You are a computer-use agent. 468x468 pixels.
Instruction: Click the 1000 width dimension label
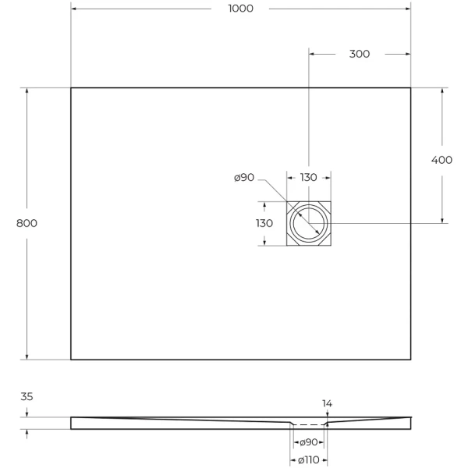(240, 9)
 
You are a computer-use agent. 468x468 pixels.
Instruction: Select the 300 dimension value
(359, 54)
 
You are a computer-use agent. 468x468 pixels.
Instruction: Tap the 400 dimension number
(441, 160)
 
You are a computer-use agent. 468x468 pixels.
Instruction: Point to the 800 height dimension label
(27, 223)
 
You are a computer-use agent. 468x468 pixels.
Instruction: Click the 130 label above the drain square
(309, 178)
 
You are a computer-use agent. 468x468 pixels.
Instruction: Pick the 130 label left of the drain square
(264, 223)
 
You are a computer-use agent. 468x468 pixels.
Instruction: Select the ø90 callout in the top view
(244, 178)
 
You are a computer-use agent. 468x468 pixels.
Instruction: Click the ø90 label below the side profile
(308, 442)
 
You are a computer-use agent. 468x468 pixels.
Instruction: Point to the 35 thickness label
(27, 397)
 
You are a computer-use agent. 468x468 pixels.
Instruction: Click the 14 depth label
(328, 404)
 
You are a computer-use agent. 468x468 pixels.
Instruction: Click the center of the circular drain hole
(309, 224)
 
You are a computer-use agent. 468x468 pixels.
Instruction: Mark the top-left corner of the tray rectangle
(71, 87)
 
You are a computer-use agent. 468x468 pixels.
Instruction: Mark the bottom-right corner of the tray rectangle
(411, 360)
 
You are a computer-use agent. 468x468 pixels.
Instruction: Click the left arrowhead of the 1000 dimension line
(74, 9)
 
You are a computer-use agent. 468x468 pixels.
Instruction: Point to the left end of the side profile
(72, 423)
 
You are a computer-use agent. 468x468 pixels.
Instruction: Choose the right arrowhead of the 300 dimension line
(408, 54)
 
